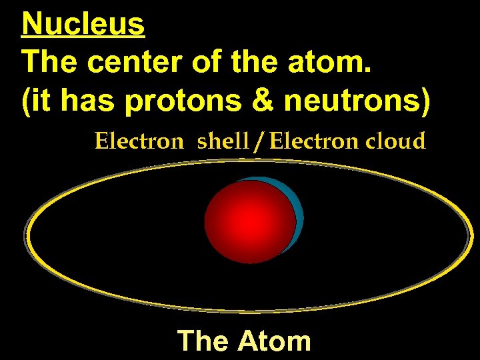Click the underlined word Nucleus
pos(83,25)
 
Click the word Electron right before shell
pos(138,141)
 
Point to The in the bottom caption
pos(203,341)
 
